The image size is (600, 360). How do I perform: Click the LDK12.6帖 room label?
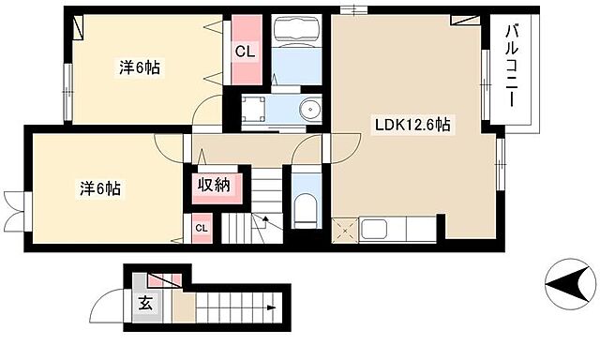coord(412,125)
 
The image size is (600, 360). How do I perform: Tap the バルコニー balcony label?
coord(512,66)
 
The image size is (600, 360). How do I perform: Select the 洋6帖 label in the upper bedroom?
coord(140,68)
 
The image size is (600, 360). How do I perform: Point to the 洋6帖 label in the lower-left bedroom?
coord(100,189)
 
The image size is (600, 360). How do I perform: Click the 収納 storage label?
coord(215,186)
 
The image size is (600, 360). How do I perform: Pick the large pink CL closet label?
coord(245,51)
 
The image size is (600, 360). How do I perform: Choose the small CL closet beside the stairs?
coord(202,229)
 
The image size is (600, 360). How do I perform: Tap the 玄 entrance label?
coord(145,304)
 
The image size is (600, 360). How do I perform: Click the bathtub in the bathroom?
coord(296,31)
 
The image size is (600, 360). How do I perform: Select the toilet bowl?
coord(307,210)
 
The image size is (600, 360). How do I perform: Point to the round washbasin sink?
coord(310,110)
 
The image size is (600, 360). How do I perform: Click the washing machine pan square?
coord(253,108)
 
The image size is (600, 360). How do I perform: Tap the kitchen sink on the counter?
coord(374,230)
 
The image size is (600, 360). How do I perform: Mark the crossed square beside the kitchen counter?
coord(345,230)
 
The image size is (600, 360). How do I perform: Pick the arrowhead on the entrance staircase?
coord(272,307)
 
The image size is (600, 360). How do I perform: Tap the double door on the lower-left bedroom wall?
coord(15,211)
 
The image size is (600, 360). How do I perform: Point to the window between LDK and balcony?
coord(486,85)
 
